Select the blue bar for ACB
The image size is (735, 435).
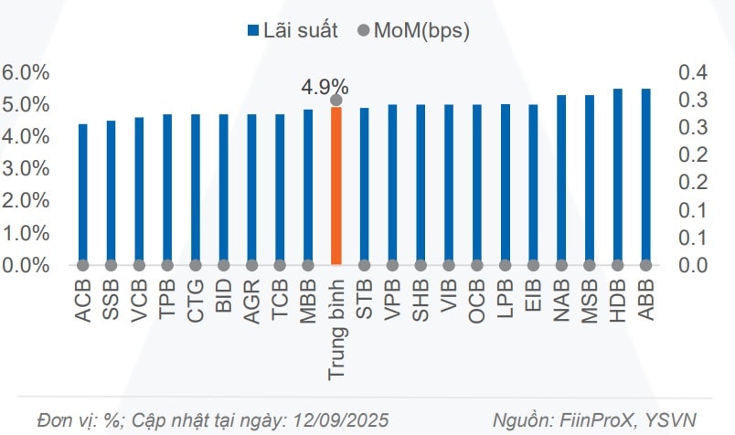coord(83,194)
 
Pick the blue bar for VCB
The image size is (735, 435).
coord(139,190)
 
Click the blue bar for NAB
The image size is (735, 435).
coord(561,180)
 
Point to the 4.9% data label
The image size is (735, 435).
coord(325,87)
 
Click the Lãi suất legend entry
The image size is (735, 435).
coord(292,30)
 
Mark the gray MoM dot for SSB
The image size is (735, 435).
coord(111,265)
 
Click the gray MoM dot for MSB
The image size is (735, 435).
coord(590,265)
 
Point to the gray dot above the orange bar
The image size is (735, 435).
coord(336,101)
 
